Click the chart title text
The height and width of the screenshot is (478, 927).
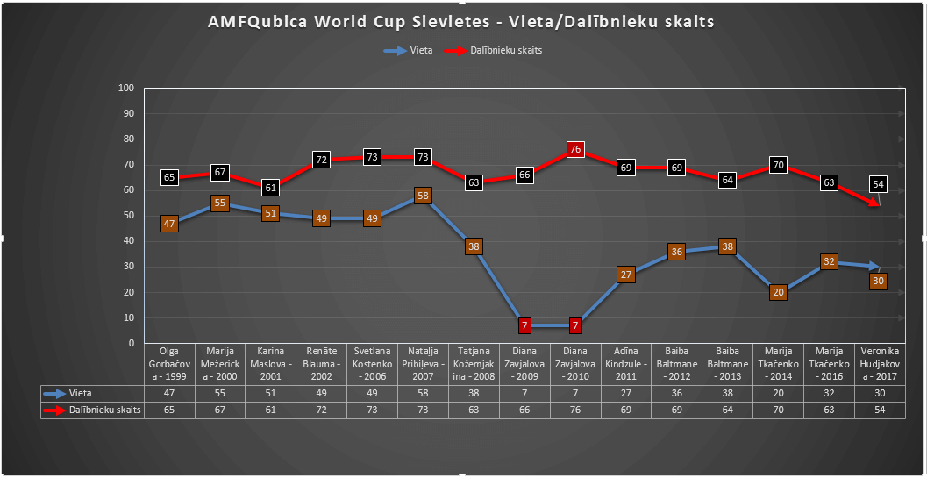pos(461,22)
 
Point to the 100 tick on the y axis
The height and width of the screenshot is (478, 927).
pos(125,89)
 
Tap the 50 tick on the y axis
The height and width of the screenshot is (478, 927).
pos(128,216)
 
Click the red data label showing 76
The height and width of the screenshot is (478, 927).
pos(574,149)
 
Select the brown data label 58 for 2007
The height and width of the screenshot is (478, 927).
pos(423,196)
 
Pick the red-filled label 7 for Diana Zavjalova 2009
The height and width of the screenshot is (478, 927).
pos(524,325)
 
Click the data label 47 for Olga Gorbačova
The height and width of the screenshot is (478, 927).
pos(170,224)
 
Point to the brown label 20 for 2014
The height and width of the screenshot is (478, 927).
pos(778,293)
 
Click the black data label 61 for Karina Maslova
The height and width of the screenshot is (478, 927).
pos(271,188)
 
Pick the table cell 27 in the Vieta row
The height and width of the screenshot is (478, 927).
pos(625,394)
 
